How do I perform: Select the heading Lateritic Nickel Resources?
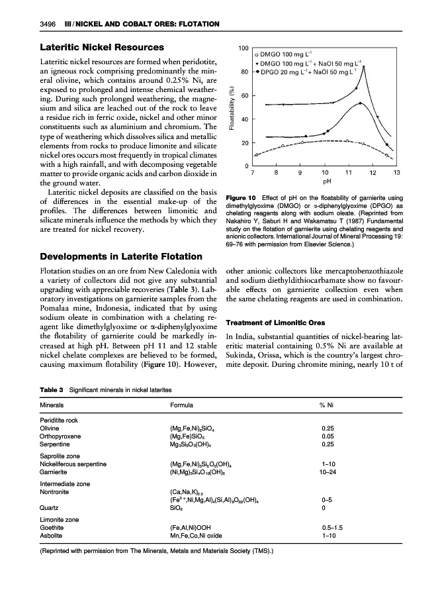(x=103, y=47)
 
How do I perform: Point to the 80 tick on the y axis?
(x=244, y=73)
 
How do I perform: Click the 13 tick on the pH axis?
(x=396, y=173)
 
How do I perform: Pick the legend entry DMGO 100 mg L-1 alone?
(x=290, y=52)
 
